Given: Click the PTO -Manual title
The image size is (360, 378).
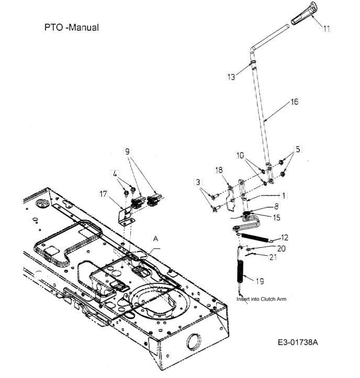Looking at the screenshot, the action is [72, 27].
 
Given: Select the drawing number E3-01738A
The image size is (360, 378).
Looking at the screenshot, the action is [298, 342].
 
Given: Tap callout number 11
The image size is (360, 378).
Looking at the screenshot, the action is [327, 28].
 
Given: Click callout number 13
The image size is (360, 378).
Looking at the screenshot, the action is [231, 77].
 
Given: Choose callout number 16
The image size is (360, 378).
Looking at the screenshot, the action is [295, 102].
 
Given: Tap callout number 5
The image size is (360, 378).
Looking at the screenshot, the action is [298, 149].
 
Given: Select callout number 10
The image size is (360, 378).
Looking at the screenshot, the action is [240, 155].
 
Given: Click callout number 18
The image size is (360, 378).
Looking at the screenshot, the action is [219, 170].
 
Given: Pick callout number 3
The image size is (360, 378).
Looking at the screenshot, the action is [198, 182].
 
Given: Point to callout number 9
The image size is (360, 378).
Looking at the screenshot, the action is [127, 152].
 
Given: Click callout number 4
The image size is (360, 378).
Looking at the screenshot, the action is [115, 174].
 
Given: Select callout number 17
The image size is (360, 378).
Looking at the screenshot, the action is [103, 194].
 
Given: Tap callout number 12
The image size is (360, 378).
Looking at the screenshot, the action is [285, 237].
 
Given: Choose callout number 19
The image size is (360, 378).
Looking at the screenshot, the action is [260, 281].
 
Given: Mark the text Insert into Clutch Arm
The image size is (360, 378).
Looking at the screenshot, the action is [261, 299].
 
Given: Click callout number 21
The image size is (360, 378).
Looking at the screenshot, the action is [273, 257].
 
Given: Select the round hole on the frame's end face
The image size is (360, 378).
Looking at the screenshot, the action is [194, 342].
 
